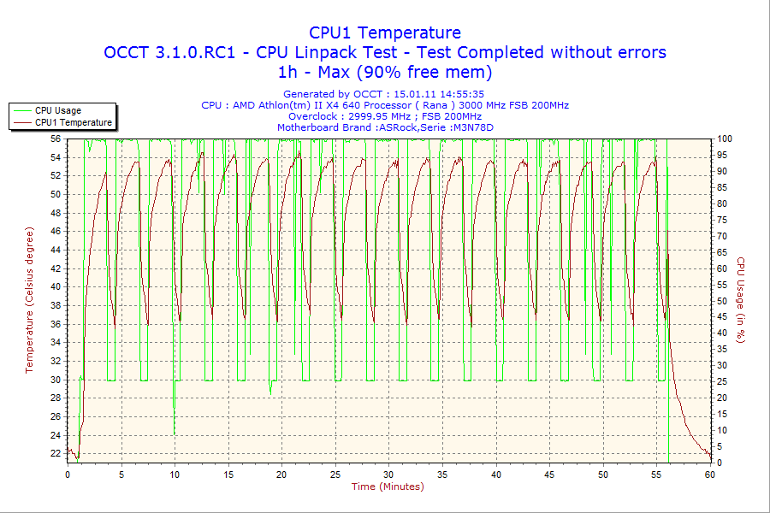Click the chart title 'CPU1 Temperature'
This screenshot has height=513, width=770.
click(x=385, y=32)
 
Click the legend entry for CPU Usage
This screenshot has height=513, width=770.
click(x=58, y=110)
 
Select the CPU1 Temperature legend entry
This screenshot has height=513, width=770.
click(x=74, y=122)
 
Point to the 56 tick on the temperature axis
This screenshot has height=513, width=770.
click(x=56, y=139)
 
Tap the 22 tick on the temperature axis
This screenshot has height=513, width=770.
click(x=56, y=453)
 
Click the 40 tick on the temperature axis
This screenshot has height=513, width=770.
click(x=56, y=286)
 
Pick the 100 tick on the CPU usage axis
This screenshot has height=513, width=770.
click(x=724, y=139)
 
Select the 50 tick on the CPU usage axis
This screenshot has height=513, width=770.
click(x=721, y=301)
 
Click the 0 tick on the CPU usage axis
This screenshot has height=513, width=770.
click(x=719, y=463)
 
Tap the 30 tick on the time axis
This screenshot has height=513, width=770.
click(x=389, y=474)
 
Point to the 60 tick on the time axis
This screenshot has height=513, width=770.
click(x=710, y=474)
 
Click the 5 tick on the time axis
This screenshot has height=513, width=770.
click(x=121, y=474)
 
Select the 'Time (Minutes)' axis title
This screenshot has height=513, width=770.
click(x=388, y=486)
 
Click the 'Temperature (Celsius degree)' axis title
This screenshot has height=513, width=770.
click(x=29, y=300)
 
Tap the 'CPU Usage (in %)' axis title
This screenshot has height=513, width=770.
click(x=741, y=300)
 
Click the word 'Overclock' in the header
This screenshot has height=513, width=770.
click(x=314, y=116)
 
